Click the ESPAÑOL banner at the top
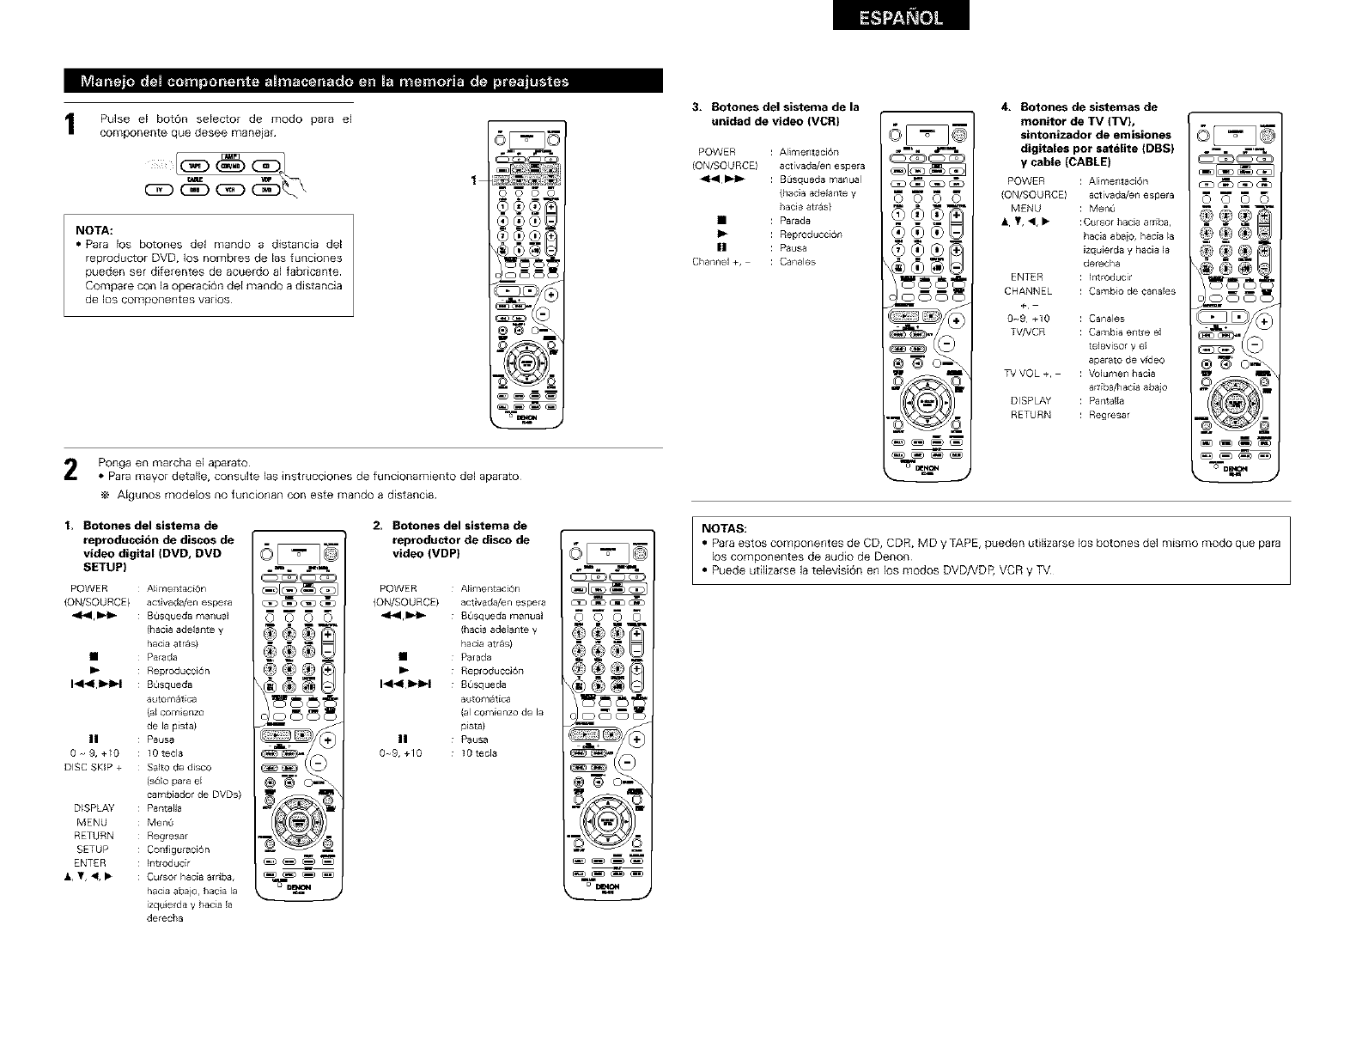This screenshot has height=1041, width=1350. tap(901, 16)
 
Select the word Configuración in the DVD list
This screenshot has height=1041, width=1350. tap(178, 849)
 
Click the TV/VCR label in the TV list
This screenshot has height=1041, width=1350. tap(1026, 332)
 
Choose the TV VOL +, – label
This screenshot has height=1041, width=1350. tap(1031, 374)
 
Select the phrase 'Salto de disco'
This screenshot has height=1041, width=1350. tap(179, 767)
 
